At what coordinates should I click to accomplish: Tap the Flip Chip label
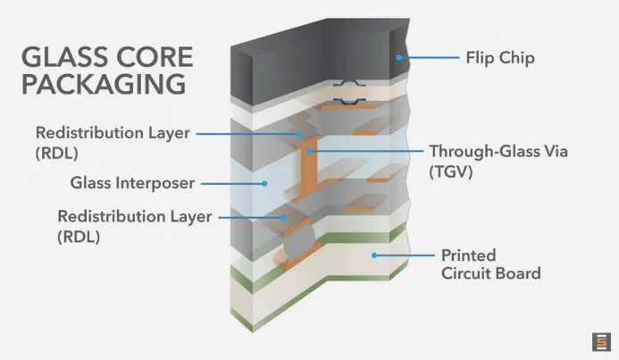498,58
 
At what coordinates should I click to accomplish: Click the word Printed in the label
468,255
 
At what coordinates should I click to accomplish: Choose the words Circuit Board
490,273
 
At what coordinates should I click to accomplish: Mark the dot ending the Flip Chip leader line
400,58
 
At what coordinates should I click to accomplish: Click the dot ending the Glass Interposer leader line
264,184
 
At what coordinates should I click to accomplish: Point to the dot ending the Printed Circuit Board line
374,255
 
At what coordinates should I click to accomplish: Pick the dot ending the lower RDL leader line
285,216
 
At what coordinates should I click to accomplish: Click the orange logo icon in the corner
600,342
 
